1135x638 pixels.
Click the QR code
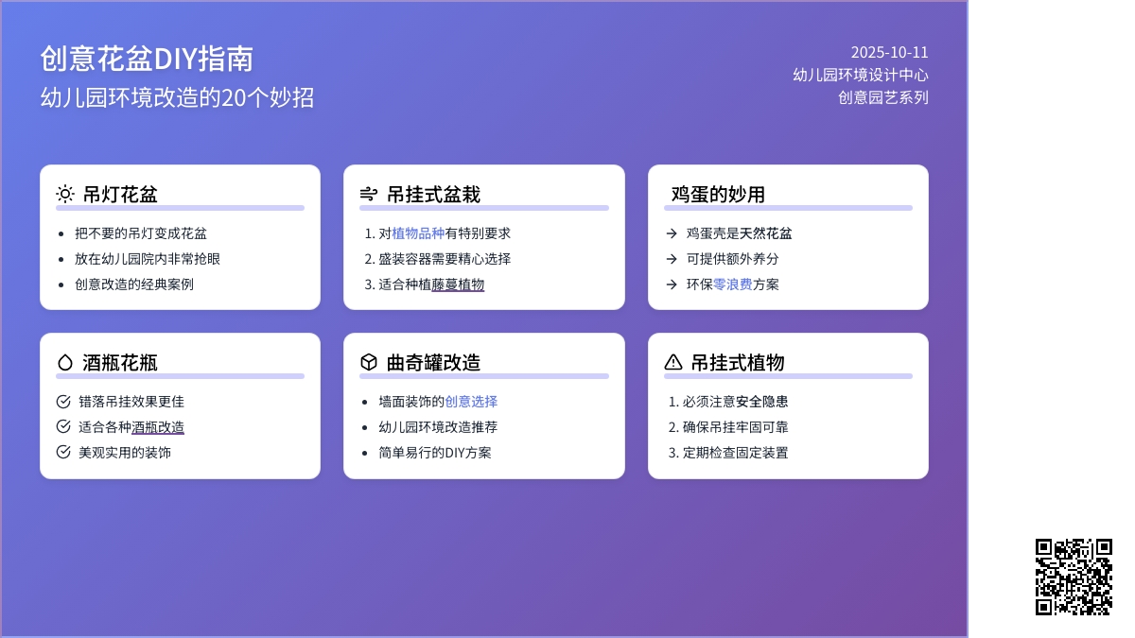tap(1074, 577)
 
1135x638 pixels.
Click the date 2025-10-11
tap(889, 52)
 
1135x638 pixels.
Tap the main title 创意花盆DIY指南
tap(147, 59)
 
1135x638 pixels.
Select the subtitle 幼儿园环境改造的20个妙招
tap(178, 97)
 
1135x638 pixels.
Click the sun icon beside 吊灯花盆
tap(65, 194)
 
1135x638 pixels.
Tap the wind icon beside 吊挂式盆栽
tap(369, 194)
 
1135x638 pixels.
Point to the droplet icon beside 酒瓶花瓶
tap(65, 362)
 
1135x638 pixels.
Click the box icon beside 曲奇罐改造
tap(369, 362)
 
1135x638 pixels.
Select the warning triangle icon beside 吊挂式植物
tap(672, 362)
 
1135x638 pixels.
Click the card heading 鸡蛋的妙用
tap(718, 195)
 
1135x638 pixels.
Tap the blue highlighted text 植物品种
tap(418, 233)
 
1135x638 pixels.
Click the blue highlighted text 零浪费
tap(733, 285)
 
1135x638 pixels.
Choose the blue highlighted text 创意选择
tap(471, 402)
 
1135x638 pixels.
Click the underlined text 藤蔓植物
tap(458, 285)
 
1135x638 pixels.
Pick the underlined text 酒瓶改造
tap(158, 427)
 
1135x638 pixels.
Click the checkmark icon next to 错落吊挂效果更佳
tap(63, 402)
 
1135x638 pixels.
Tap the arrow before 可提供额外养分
tap(672, 259)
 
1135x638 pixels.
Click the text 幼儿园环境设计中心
tap(861, 75)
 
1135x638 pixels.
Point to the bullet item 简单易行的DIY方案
tap(435, 453)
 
